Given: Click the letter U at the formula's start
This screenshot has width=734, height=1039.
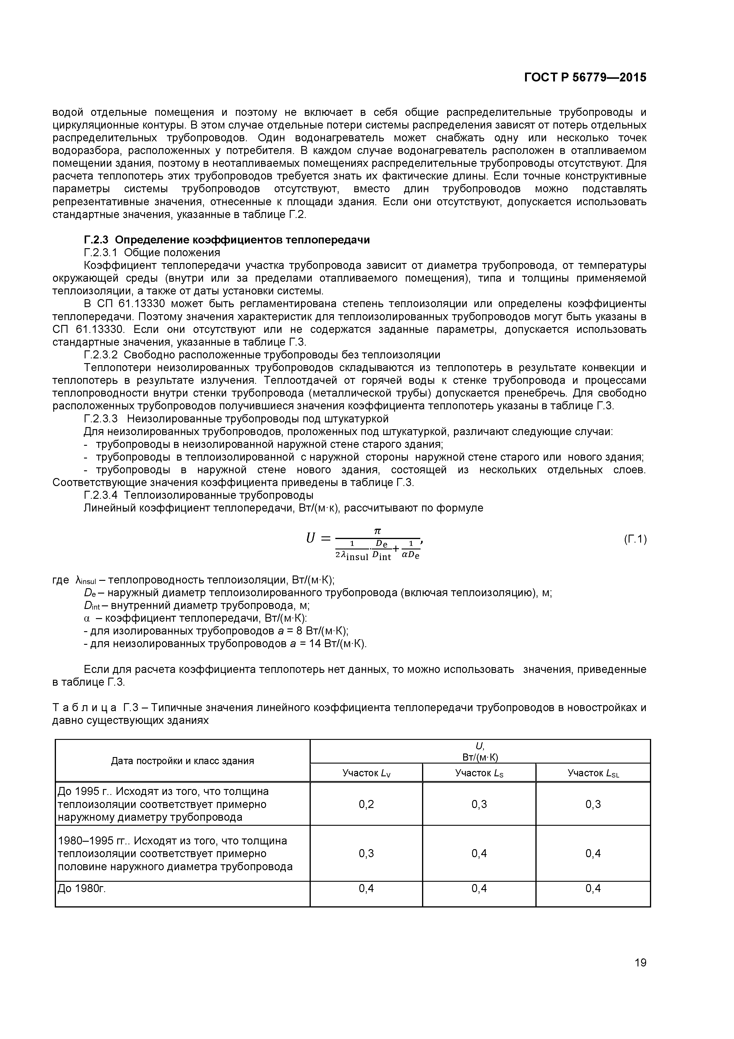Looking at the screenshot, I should (310, 538).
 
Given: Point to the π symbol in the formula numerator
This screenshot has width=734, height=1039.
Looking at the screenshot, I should (377, 530).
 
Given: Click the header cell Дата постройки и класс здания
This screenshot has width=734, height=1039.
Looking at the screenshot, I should (182, 761).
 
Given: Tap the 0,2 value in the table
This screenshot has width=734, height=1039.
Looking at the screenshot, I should (366, 804).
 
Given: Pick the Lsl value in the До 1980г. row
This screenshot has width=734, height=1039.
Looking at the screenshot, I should (593, 888).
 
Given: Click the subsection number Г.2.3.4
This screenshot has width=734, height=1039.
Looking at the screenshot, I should (100, 495).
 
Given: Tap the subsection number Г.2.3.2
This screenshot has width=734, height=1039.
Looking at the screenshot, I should (100, 355).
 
